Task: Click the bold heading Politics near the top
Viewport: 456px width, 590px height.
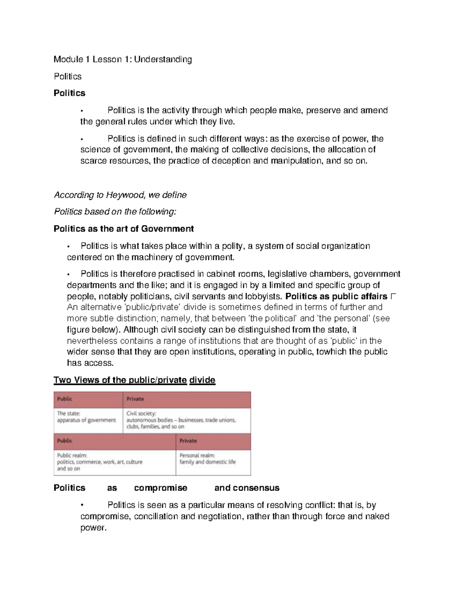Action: [70, 93]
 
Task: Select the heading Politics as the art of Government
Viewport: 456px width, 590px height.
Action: [124, 229]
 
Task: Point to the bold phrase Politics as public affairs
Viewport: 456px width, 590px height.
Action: [336, 296]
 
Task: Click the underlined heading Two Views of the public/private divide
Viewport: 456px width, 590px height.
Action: [135, 380]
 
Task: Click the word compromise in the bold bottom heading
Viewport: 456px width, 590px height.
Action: [161, 488]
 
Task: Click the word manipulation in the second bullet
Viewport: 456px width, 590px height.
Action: [296, 161]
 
